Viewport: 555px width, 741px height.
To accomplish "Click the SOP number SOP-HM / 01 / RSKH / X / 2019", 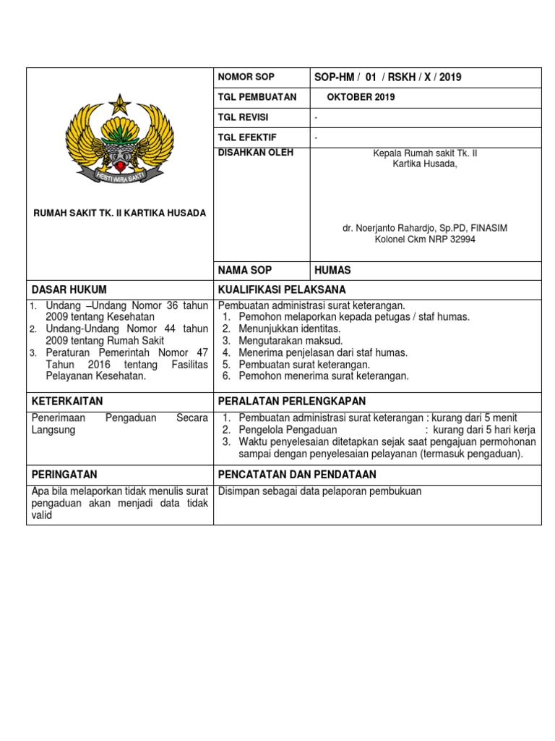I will [x=388, y=77].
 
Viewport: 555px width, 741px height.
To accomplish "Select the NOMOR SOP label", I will [x=246, y=77].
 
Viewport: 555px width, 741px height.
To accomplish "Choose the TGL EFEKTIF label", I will [x=247, y=137].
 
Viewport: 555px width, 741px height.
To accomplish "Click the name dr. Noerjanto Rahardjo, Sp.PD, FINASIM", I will [x=425, y=228].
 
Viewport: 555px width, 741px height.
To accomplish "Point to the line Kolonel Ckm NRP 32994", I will [x=425, y=240].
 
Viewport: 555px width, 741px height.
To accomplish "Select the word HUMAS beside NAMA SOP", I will [x=332, y=270].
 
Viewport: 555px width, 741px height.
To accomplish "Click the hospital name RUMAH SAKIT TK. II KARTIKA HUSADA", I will [x=120, y=213].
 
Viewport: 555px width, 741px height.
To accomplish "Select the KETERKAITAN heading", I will [x=68, y=402].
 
